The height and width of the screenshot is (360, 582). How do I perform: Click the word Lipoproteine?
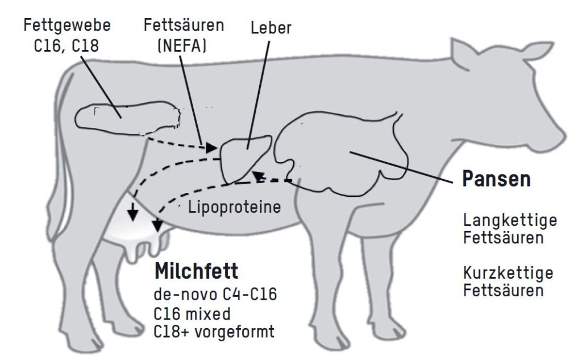235,208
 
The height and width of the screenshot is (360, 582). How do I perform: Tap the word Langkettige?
510,220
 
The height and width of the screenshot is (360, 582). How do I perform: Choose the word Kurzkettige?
508,272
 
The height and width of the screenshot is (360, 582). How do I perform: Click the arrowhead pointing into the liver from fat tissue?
211,147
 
